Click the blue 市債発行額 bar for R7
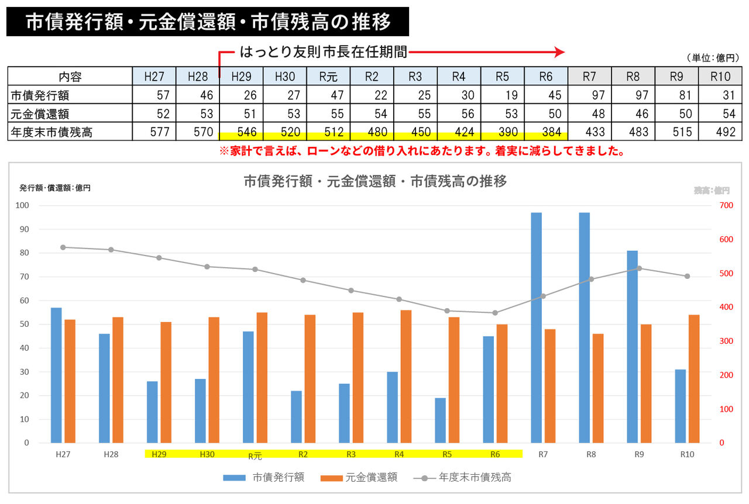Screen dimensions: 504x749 537,327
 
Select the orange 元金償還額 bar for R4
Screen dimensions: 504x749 406,376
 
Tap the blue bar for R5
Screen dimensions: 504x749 440,420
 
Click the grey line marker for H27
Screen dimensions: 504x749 63,247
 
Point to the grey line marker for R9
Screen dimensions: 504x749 639,268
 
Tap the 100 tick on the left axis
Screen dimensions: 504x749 23,205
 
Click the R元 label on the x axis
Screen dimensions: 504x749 255,456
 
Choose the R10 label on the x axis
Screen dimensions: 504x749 687,454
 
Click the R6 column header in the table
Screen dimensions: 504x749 545,76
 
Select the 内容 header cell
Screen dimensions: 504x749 70,76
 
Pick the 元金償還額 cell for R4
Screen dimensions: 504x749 459,113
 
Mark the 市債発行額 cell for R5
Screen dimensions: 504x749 502,95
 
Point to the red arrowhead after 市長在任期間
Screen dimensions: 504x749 559,52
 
